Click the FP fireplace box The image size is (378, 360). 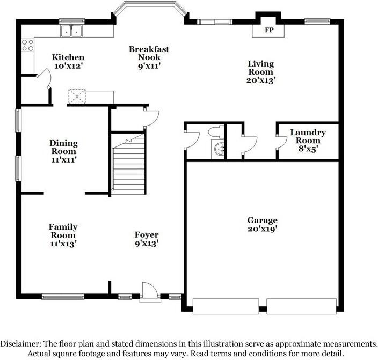click(268, 30)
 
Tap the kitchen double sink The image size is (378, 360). click(71, 31)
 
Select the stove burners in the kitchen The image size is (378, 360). click(27, 45)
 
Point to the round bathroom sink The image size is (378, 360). click(219, 149)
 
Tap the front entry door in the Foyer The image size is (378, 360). click(149, 292)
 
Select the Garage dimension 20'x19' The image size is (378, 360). click(262, 229)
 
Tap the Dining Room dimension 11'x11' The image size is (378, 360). click(64, 159)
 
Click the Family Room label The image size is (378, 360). click(63, 231)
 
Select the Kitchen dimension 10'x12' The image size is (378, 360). click(68, 66)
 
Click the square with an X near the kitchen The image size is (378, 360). click(77, 97)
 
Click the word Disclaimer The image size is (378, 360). click(19, 343)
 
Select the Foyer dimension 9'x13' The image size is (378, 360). click(146, 243)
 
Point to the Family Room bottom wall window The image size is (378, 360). click(63, 296)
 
